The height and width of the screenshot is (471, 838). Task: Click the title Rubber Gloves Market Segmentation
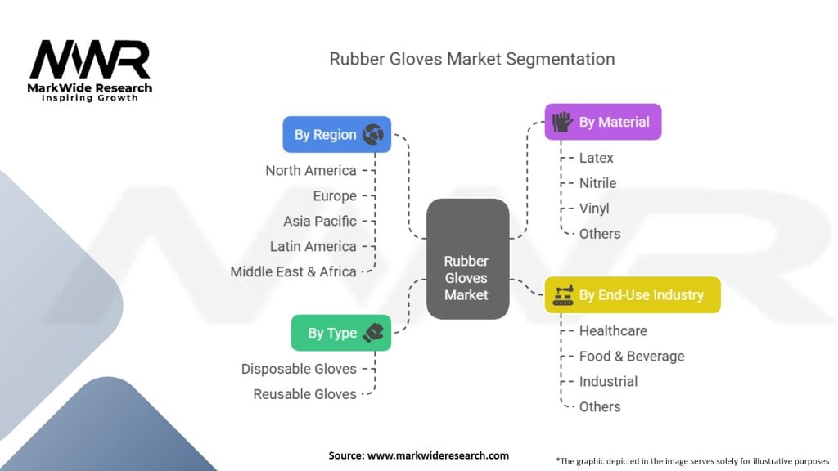pyautogui.click(x=471, y=59)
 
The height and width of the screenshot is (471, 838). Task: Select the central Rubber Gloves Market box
pyautogui.click(x=467, y=258)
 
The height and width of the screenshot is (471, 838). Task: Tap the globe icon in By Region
pyautogui.click(x=373, y=134)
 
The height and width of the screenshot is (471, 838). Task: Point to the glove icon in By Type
pyautogui.click(x=372, y=333)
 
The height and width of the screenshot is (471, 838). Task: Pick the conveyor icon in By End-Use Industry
pyautogui.click(x=561, y=294)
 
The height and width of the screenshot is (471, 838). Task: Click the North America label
pyautogui.click(x=311, y=170)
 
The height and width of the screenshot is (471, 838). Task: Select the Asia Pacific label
pyautogui.click(x=320, y=221)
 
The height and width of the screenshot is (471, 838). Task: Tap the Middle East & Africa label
pyautogui.click(x=293, y=271)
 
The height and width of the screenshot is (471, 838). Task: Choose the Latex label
pyautogui.click(x=596, y=158)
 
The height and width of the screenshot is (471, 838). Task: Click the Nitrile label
pyautogui.click(x=597, y=183)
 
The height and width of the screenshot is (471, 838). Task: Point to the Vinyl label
pyautogui.click(x=594, y=209)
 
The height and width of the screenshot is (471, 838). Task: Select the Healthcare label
pyautogui.click(x=613, y=330)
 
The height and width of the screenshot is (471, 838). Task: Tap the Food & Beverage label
pyautogui.click(x=632, y=356)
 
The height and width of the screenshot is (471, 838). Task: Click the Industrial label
pyautogui.click(x=608, y=381)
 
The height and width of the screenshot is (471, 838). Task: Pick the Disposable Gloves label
pyautogui.click(x=299, y=369)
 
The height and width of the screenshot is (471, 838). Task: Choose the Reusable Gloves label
pyautogui.click(x=304, y=394)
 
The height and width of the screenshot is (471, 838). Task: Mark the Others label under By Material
pyautogui.click(x=600, y=234)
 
